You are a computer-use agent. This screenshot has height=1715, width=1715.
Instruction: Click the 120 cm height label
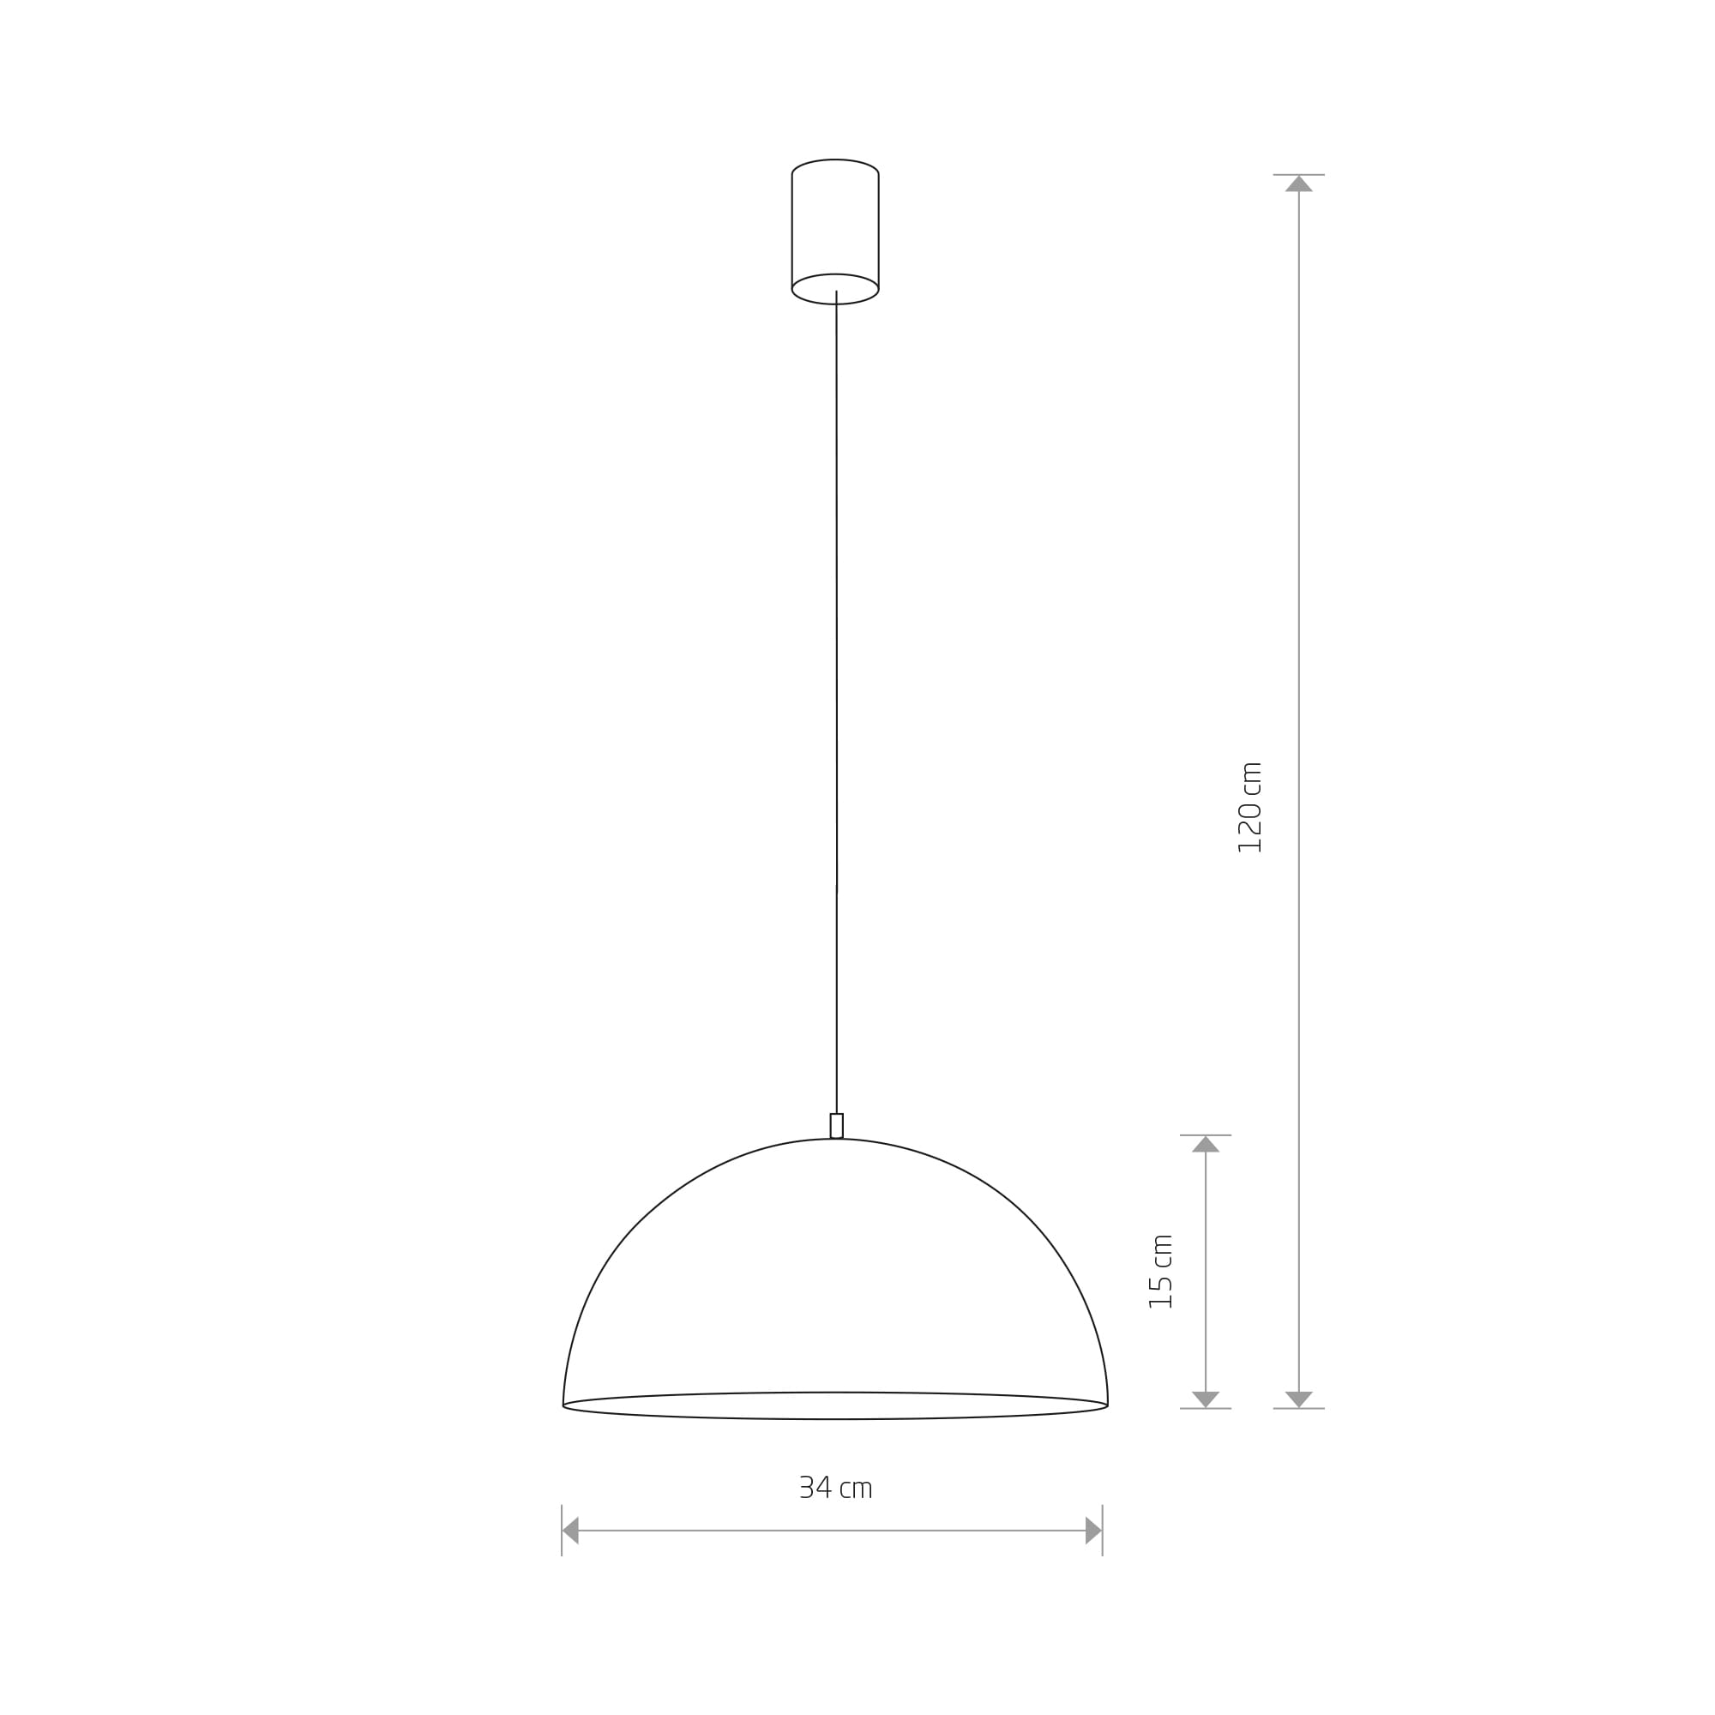pos(1250,807)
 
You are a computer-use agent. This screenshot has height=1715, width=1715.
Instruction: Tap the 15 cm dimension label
pos(1161,1271)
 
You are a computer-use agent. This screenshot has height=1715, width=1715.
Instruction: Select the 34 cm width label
pos(836,1488)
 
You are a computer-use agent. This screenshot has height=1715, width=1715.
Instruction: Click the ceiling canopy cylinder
pos(835,232)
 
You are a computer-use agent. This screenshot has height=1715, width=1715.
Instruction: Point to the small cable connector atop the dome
pos(836,1126)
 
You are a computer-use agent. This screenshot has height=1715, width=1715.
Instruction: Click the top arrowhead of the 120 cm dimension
pos(1298,184)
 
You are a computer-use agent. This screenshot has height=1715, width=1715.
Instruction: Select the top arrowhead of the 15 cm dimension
pos(1206,1144)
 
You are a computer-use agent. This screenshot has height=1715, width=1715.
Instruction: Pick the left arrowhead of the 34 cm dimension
pos(571,1531)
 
